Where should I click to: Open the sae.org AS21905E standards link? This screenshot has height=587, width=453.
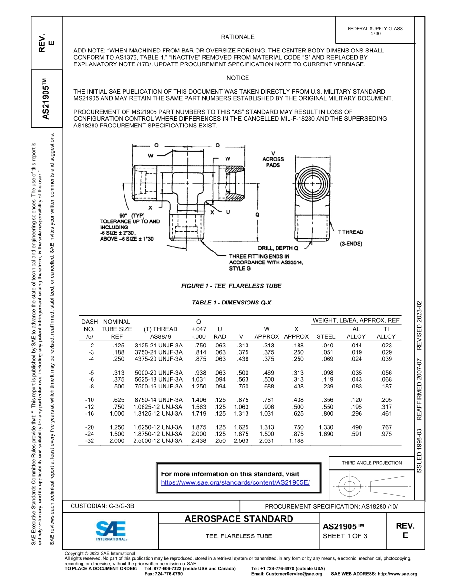tap(236, 482)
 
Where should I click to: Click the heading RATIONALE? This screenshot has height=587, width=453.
tap(237, 37)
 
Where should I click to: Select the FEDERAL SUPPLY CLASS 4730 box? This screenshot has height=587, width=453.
tap(375, 31)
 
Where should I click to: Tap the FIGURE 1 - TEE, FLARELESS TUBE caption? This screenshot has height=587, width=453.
tap(231, 286)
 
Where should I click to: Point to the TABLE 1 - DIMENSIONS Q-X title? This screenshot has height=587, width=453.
tap(231, 303)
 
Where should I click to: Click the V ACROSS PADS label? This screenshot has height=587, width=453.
tap(273, 159)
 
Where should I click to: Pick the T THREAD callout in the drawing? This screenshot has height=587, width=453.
tap(350, 232)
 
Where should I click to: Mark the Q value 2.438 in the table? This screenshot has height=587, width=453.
tap(198, 440)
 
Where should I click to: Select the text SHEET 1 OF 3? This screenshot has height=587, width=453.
tap(345, 536)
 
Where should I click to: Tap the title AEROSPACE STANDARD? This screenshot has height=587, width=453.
tap(239, 519)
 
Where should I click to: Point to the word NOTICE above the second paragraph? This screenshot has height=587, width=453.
tap(237, 78)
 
